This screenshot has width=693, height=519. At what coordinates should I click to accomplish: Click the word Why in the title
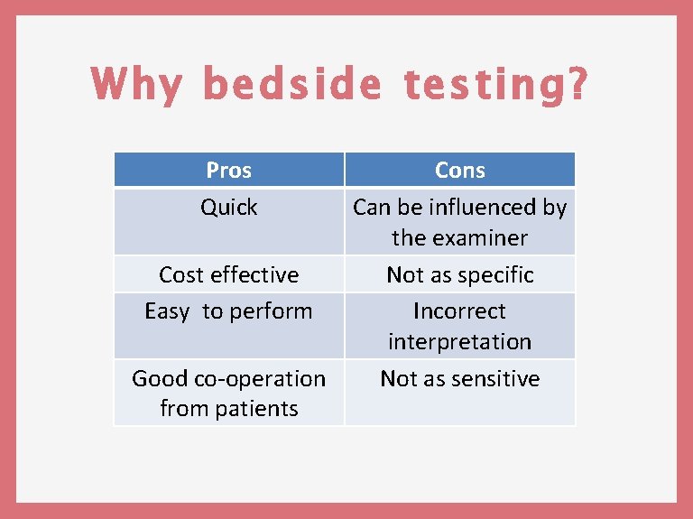click(134, 85)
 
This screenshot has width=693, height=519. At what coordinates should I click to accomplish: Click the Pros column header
click(228, 170)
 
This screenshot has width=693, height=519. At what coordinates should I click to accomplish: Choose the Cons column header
click(459, 170)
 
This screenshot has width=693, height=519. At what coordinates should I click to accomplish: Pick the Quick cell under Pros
click(228, 208)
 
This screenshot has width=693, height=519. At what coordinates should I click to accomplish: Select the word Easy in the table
click(167, 311)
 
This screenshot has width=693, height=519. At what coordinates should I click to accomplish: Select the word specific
click(498, 275)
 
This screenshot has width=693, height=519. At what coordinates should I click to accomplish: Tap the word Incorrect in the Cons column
click(459, 311)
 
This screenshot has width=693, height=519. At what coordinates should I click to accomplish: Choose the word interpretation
click(459, 342)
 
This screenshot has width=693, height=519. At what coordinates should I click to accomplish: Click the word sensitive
click(494, 379)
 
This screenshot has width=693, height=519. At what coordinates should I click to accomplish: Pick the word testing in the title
click(477, 85)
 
